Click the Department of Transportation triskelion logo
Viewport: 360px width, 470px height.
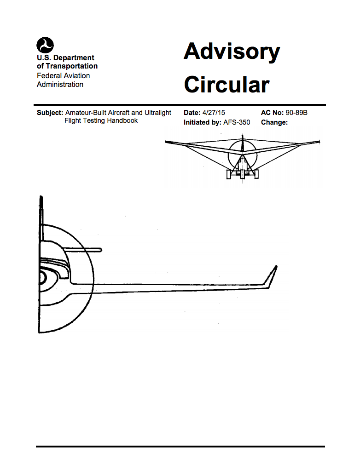45,45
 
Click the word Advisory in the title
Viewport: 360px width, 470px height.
232,52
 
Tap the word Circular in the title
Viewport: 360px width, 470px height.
227,85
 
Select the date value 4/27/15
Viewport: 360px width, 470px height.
214,113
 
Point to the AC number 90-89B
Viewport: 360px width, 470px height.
296,113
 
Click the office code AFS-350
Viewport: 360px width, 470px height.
237,122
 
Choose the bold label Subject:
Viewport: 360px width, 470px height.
50,113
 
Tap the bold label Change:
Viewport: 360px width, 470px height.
274,122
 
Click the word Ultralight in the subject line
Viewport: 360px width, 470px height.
158,113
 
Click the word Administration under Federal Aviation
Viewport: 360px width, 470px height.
60,85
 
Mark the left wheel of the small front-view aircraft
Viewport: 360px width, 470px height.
229,174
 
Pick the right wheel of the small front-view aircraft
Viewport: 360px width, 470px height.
256,174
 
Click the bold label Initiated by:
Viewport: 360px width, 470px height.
203,122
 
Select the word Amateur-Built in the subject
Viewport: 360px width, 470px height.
86,113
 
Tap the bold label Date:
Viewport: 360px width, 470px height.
192,113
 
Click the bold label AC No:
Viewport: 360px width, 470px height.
272,113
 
